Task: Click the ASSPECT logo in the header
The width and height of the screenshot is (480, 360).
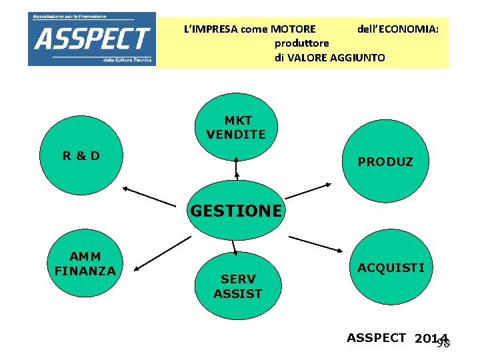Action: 91,39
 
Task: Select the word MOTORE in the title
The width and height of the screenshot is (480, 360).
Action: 293,29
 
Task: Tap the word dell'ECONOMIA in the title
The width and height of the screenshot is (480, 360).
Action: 397,29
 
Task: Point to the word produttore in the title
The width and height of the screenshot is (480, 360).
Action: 301,43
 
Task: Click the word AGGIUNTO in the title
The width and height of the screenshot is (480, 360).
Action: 357,58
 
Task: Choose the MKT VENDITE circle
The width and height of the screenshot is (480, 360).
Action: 236,127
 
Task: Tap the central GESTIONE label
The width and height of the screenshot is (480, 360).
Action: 236,211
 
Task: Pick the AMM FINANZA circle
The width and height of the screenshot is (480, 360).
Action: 85,264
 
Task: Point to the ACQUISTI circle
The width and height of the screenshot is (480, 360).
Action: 390,268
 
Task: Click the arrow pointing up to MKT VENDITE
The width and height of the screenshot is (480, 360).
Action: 236,169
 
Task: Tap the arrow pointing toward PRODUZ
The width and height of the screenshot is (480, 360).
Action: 308,190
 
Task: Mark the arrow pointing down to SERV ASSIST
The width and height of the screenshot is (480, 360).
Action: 235,247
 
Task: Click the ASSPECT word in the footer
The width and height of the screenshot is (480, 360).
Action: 376,337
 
